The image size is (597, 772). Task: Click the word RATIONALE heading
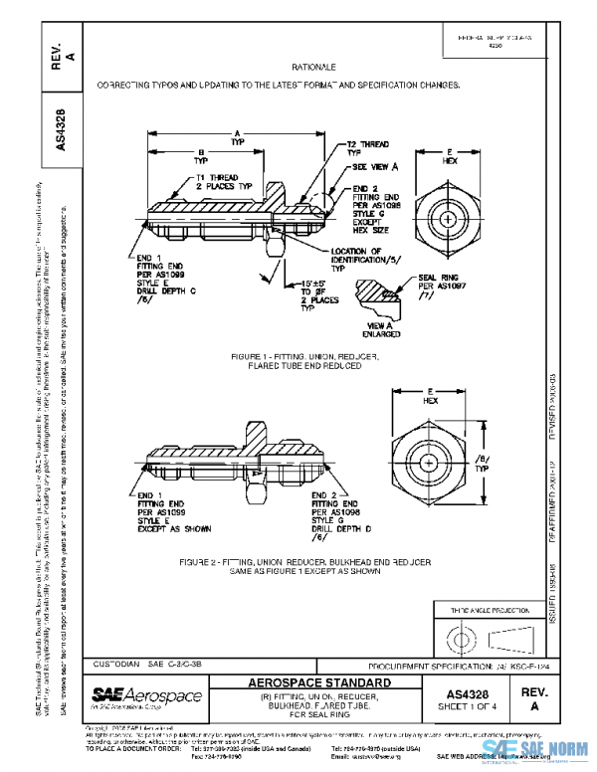tap(317, 66)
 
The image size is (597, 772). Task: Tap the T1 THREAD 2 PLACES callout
tap(224, 182)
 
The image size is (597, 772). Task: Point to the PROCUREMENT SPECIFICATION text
tap(446, 664)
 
